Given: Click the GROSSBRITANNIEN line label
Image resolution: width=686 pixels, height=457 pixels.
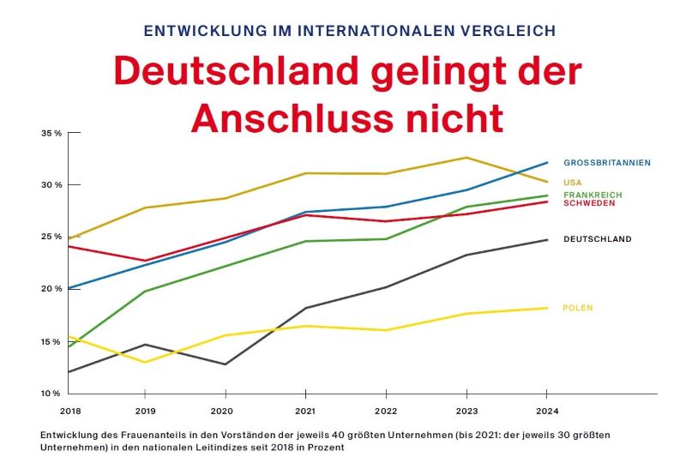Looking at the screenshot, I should (x=606, y=162).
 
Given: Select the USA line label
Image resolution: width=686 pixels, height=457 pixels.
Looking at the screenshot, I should (x=572, y=182).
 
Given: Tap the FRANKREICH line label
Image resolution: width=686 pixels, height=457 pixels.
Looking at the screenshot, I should (x=593, y=195).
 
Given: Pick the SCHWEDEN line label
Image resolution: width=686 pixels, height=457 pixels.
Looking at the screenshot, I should (x=589, y=203).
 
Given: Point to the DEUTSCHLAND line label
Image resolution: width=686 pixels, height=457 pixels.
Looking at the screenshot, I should (x=597, y=239).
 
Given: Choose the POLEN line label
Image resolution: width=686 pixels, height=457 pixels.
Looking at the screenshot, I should (x=577, y=308).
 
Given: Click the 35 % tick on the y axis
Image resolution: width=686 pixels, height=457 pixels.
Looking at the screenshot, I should (x=51, y=133).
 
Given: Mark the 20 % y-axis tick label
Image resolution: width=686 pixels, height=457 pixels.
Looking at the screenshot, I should (x=51, y=289).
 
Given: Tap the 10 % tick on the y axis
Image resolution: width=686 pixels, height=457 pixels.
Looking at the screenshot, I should (x=51, y=394).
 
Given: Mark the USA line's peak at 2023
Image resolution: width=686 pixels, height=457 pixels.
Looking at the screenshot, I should (x=466, y=157).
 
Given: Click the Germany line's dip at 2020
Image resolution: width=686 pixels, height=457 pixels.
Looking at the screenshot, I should (x=225, y=364).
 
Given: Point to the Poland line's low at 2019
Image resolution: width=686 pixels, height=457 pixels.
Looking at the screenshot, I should (x=145, y=362).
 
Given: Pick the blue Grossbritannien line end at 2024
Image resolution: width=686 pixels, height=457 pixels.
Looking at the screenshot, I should (x=547, y=162).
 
